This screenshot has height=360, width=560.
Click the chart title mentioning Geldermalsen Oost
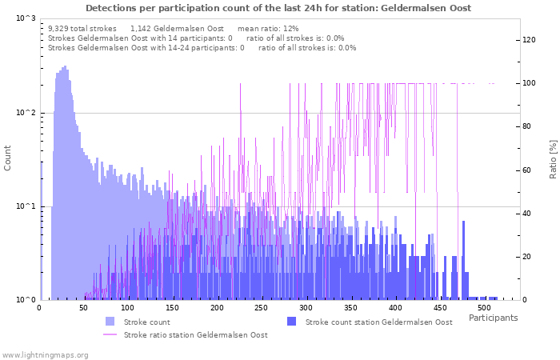(278, 8)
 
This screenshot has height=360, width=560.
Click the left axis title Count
(8, 158)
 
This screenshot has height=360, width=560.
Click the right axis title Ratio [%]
(553, 158)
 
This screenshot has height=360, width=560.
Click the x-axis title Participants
(493, 318)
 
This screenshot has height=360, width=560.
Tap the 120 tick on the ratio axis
(530, 40)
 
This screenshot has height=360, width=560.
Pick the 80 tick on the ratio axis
(527, 126)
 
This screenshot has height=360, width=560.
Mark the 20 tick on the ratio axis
(527, 257)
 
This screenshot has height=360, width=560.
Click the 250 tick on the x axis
(262, 308)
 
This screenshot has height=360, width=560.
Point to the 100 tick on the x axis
(128, 308)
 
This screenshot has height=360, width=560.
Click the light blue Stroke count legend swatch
(110, 322)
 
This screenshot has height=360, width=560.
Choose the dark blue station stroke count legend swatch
(292, 322)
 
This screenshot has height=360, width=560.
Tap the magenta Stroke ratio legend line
(110, 334)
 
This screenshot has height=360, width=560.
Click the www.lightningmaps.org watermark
(45, 354)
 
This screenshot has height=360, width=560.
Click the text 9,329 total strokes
(82, 28)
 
